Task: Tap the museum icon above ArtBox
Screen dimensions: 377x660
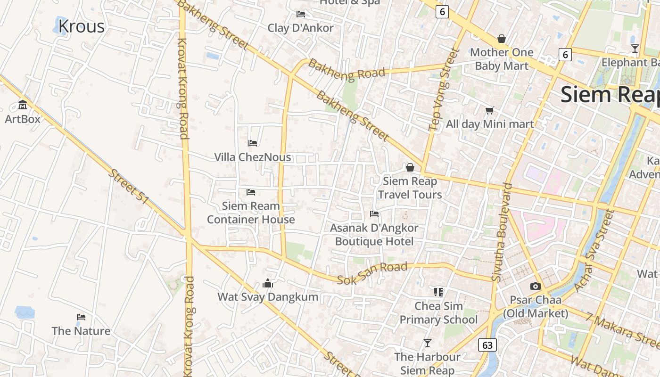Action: click(23, 105)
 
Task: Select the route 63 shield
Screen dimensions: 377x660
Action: click(487, 345)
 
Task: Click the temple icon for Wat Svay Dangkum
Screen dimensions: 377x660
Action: click(268, 283)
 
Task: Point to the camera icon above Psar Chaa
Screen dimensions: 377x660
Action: click(535, 286)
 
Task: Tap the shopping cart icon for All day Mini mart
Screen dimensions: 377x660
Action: click(489, 110)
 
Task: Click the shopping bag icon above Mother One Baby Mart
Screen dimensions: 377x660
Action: click(502, 39)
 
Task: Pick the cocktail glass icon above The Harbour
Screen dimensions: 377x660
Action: click(427, 343)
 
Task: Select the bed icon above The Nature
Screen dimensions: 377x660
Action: click(81, 317)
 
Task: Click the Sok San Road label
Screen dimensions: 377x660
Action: click(372, 274)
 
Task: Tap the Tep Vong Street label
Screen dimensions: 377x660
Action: click(444, 90)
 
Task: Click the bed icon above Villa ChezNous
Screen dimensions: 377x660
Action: click(253, 143)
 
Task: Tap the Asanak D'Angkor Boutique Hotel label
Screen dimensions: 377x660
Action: click(374, 235)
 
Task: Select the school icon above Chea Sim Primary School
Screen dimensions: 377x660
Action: click(438, 292)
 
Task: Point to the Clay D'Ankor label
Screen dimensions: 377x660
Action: click(300, 28)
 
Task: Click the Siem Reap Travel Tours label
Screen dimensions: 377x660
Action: click(410, 188)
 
